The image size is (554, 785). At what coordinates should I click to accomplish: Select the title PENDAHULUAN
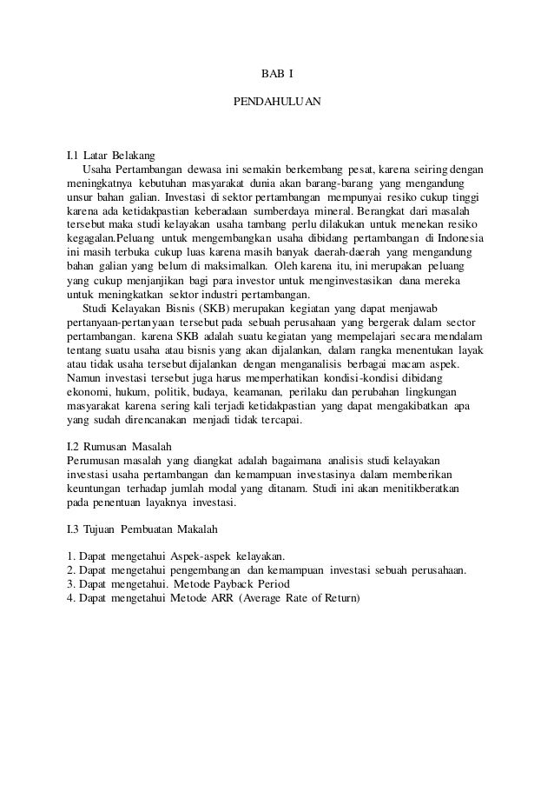[x=277, y=102]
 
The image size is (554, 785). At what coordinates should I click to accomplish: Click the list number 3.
[x=70, y=585]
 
